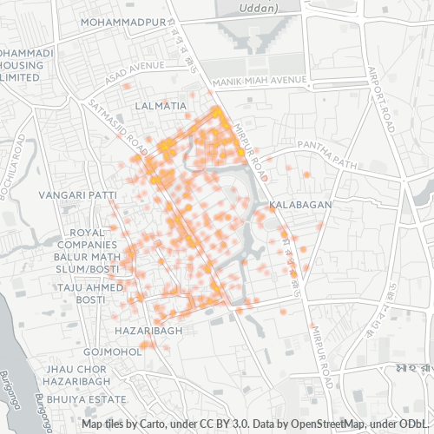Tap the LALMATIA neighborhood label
tap(161, 106)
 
